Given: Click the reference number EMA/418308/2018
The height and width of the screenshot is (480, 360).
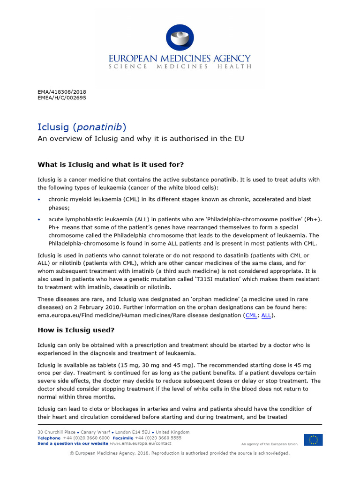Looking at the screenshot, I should [62, 92].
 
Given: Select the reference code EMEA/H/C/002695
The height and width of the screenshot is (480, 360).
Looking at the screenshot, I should [62, 98].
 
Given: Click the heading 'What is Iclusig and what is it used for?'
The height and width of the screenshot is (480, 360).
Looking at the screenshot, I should [111, 165].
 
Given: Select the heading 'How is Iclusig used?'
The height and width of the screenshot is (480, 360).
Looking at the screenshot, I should [76, 330].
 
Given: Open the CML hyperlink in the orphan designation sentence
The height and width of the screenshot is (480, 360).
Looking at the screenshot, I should [251, 315].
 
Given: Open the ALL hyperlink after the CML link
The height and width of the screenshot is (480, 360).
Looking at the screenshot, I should [266, 315].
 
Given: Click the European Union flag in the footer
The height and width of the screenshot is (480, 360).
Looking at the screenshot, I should [313, 440].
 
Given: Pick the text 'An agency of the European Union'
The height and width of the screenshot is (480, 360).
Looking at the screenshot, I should [269, 444].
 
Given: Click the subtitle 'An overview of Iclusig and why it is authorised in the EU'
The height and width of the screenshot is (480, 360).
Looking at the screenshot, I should [141, 139].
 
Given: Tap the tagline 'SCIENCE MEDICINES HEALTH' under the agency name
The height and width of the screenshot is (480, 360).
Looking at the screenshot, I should [180, 67].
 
